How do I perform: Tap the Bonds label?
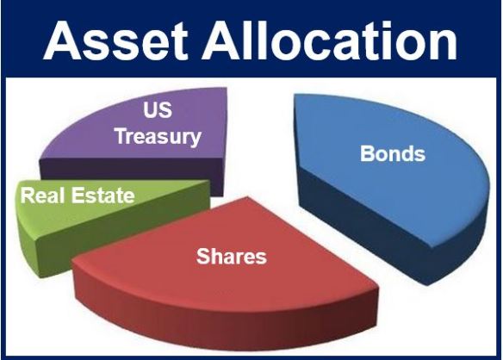coord(393,155)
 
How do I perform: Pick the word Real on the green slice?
coord(41,196)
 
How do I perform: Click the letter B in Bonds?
coord(367,155)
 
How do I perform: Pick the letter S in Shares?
coord(203,256)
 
